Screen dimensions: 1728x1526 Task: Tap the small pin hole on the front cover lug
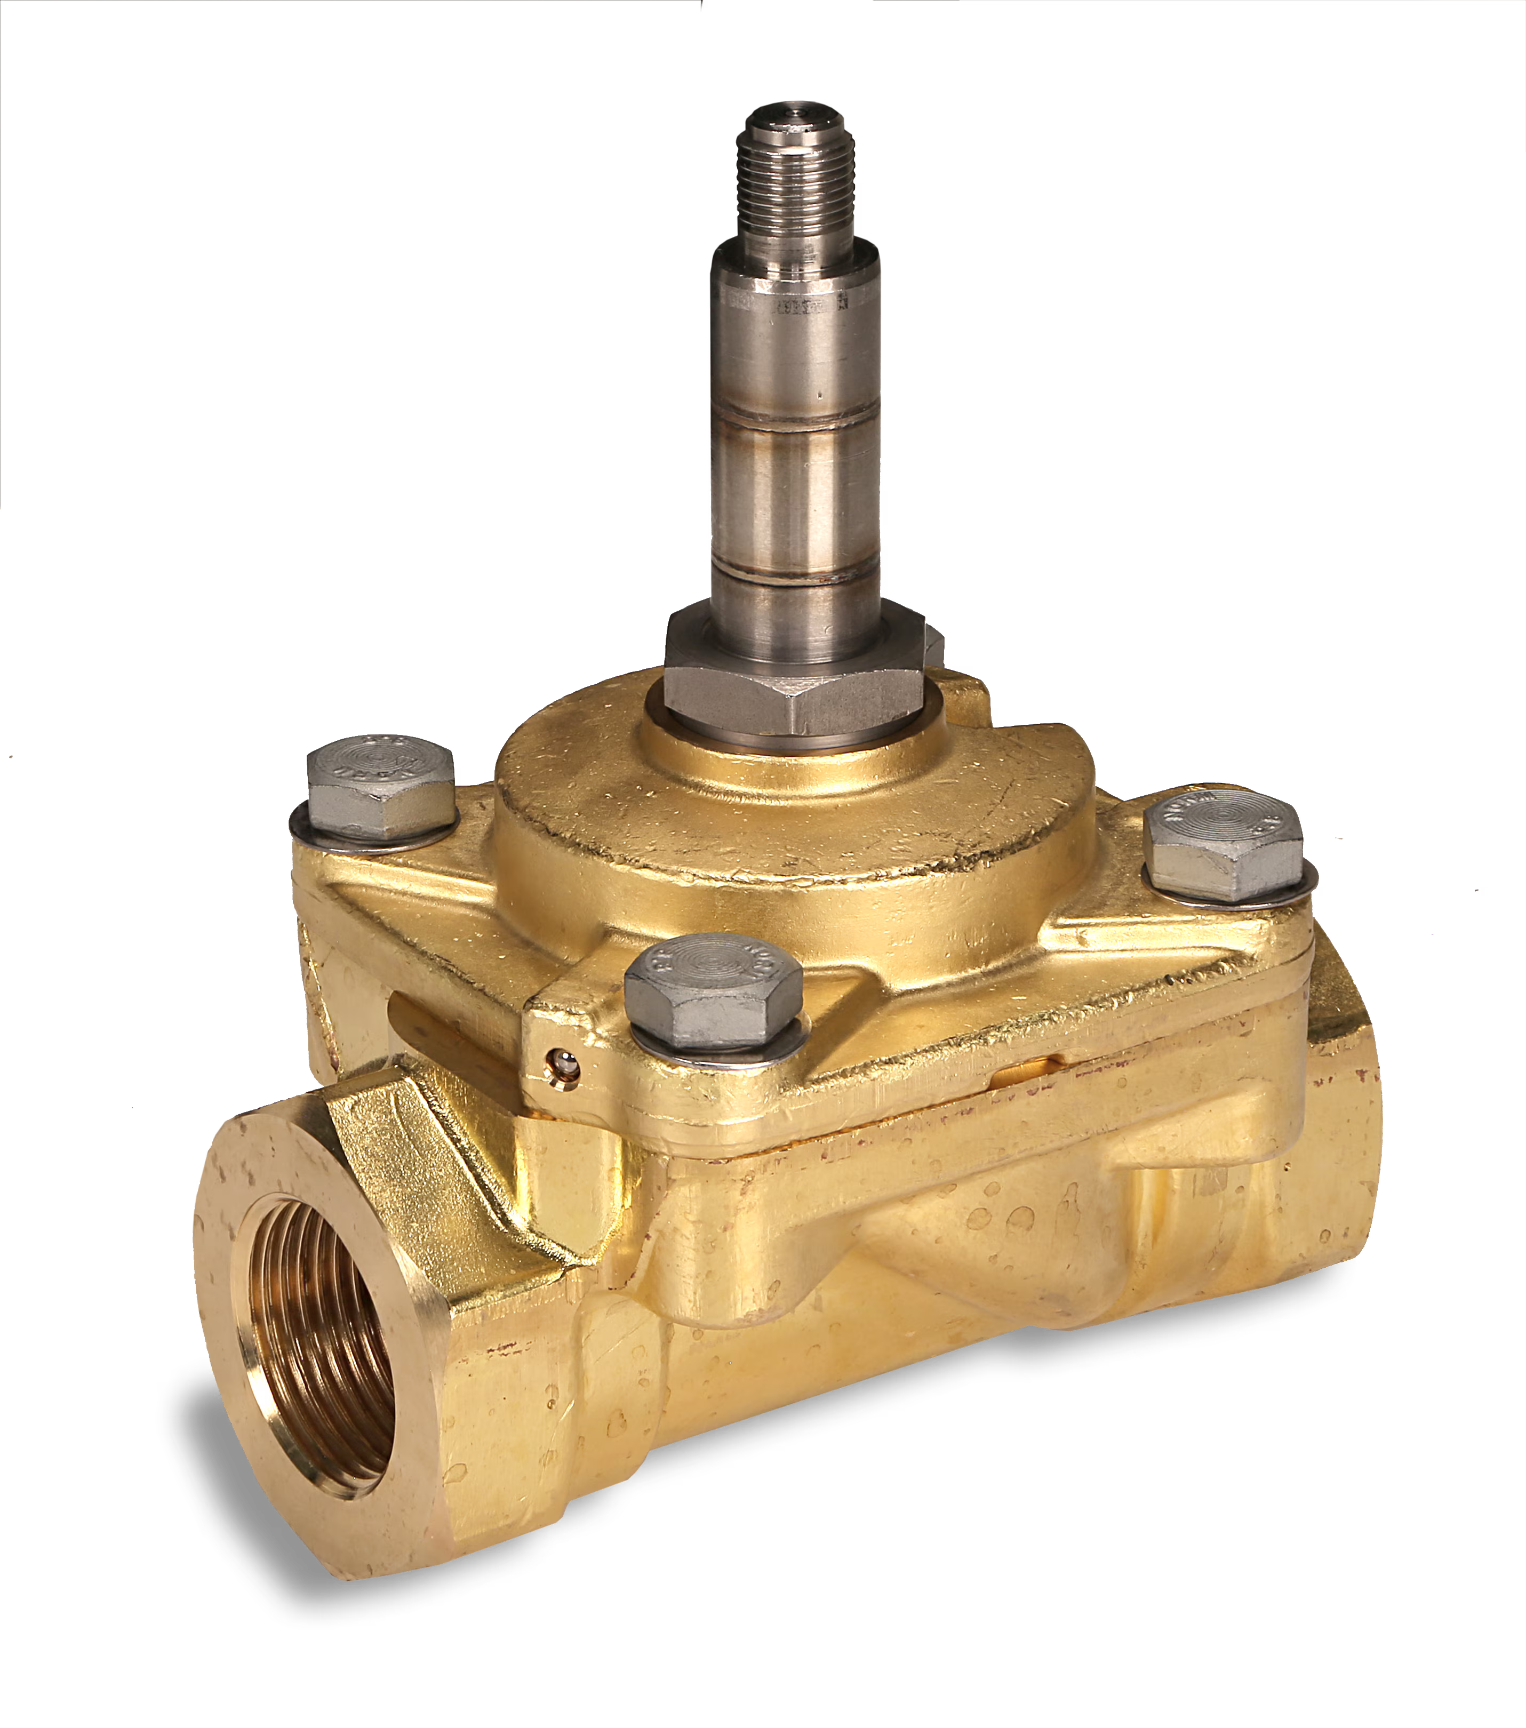point(559,1059)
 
